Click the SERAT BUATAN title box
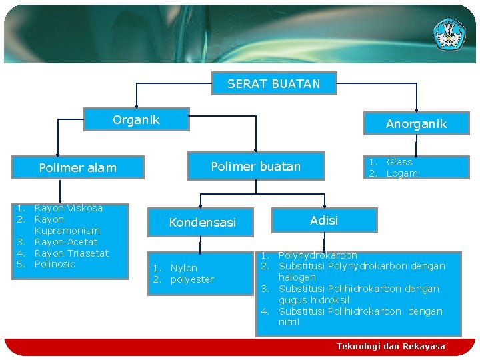click(x=273, y=84)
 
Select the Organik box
click(x=136, y=120)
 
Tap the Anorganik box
click(x=416, y=123)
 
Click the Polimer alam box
click(x=77, y=168)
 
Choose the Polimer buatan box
click(x=256, y=167)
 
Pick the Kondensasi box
click(x=202, y=223)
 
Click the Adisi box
click(x=324, y=221)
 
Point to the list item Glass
click(x=399, y=162)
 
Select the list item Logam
click(x=402, y=173)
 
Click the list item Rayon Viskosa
click(x=68, y=208)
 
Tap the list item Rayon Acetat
click(x=65, y=242)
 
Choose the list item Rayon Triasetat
click(x=71, y=253)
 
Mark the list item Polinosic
click(x=55, y=264)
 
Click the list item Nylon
click(x=183, y=268)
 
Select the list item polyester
click(x=192, y=279)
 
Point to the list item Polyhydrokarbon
click(x=317, y=255)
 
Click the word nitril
click(x=289, y=323)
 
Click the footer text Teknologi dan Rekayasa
click(x=391, y=347)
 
